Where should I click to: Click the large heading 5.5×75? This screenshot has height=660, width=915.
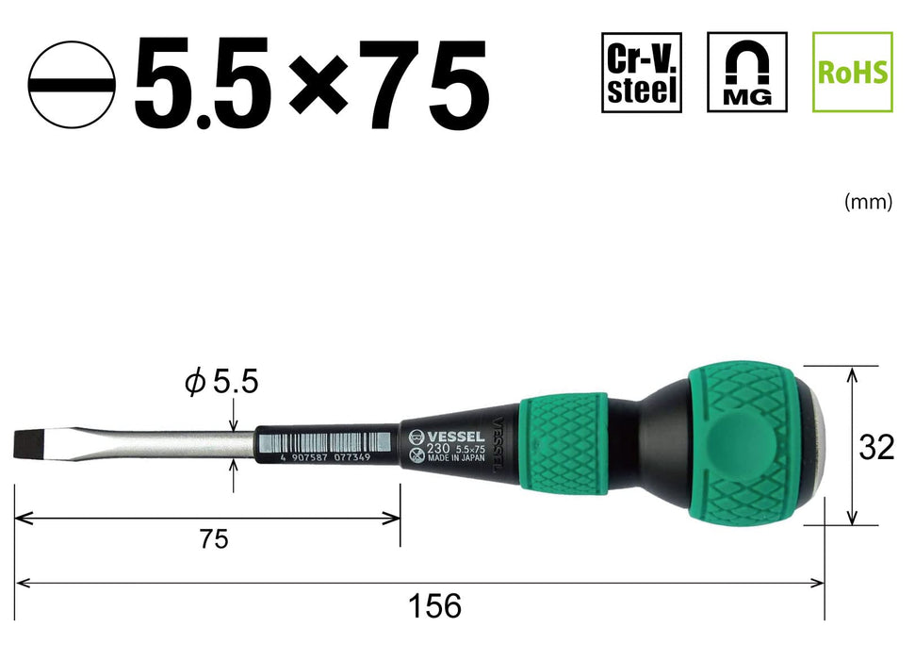coord(312,87)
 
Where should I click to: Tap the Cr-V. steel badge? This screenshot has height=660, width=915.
coord(641,72)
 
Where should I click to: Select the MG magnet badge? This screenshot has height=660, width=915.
coord(746,72)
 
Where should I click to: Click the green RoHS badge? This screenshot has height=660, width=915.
coord(852,72)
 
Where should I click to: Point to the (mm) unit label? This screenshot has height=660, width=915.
coord(867,202)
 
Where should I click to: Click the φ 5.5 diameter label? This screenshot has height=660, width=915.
coord(222,384)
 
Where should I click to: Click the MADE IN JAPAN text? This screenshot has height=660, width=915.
coord(456,462)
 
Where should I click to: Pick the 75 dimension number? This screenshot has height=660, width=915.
coord(214,539)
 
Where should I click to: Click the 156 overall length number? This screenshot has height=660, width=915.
coord(435,605)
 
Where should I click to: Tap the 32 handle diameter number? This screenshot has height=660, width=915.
coord(876,448)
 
